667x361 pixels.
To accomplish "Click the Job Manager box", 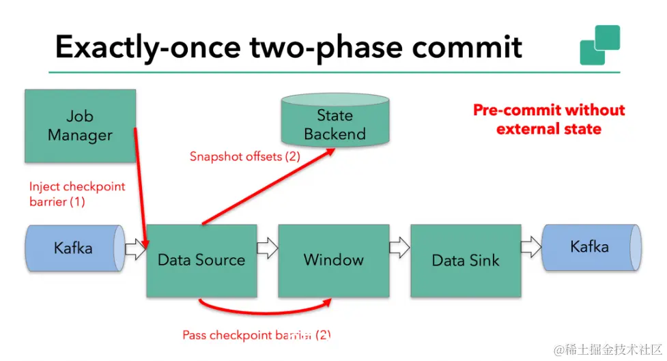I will point(80,126).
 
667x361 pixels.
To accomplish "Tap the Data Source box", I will point(201,260).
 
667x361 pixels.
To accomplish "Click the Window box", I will point(333,259).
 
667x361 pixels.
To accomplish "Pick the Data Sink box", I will point(465,260).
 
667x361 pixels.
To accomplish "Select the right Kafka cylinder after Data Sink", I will point(591,246).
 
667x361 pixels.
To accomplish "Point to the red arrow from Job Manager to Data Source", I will point(140,177).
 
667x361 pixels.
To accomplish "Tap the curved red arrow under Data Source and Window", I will point(266,313).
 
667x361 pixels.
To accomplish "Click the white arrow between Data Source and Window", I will point(268,248).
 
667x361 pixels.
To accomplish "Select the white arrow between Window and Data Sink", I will point(399,248).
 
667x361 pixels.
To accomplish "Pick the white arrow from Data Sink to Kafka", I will point(530,248).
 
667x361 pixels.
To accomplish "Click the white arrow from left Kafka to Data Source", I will point(136,249).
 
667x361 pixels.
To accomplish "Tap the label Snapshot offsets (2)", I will point(244,157).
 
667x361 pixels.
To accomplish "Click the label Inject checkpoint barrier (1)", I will point(76,194).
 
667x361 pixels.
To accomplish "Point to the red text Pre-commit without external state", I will point(549,119).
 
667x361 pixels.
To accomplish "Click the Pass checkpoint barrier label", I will point(256,335).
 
